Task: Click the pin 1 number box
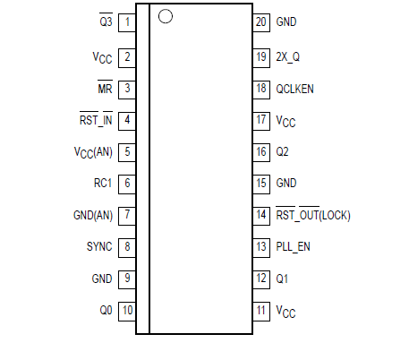[128, 21]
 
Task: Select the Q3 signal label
[105, 21]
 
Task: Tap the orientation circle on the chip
[165, 15]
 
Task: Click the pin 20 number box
[261, 21]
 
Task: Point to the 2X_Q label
[289, 56]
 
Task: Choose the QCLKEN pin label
[295, 88]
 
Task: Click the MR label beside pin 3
[105, 88]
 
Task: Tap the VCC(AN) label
[92, 151]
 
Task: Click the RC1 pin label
[102, 183]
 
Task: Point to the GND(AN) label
[92, 215]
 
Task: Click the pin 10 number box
[128, 310]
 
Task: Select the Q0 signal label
[105, 310]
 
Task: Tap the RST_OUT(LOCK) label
[313, 215]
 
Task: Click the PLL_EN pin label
[294, 246]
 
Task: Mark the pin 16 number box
[261, 151]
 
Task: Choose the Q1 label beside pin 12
[283, 279]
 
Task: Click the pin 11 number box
[261, 310]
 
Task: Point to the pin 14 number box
[261, 215]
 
